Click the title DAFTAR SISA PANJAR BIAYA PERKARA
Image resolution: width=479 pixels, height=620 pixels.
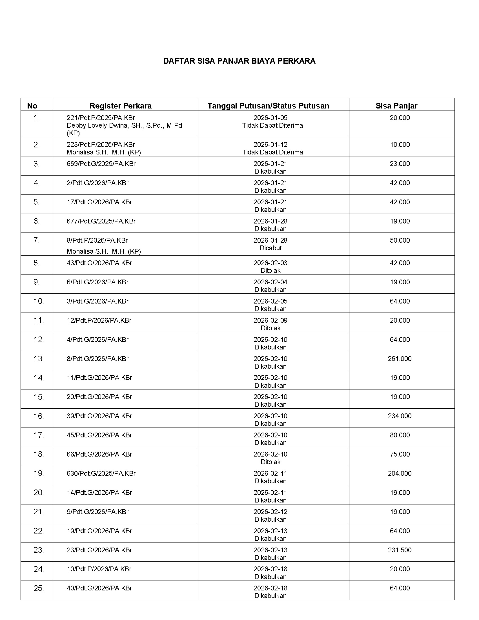coord(239,61)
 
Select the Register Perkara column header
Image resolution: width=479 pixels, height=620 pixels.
coord(120,106)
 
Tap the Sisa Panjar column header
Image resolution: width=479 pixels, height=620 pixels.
coord(396,106)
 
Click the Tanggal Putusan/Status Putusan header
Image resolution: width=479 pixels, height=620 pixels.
coord(268,106)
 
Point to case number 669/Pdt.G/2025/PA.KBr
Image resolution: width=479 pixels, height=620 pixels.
coord(101,164)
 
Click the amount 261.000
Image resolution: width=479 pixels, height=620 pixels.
coord(400,359)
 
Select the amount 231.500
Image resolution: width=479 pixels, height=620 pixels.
coord(400,550)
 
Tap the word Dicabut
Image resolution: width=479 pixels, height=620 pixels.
coord(270,248)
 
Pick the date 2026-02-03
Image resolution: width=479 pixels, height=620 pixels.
coord(270,263)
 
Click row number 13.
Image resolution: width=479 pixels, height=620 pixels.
coord(38,359)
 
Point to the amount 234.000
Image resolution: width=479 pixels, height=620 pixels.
coord(400,416)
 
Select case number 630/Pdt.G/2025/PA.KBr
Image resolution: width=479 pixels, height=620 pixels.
coord(101,473)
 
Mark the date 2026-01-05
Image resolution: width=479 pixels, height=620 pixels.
coord(270,118)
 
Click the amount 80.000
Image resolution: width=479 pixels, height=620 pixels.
coord(400,435)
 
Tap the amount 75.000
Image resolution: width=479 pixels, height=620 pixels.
coord(400,454)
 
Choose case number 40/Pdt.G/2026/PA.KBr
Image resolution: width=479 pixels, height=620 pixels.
coord(99,588)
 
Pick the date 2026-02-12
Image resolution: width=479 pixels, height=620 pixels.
coord(270,512)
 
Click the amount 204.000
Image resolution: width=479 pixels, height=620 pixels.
coord(400,473)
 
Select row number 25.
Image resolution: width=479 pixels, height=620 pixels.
coord(38,588)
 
